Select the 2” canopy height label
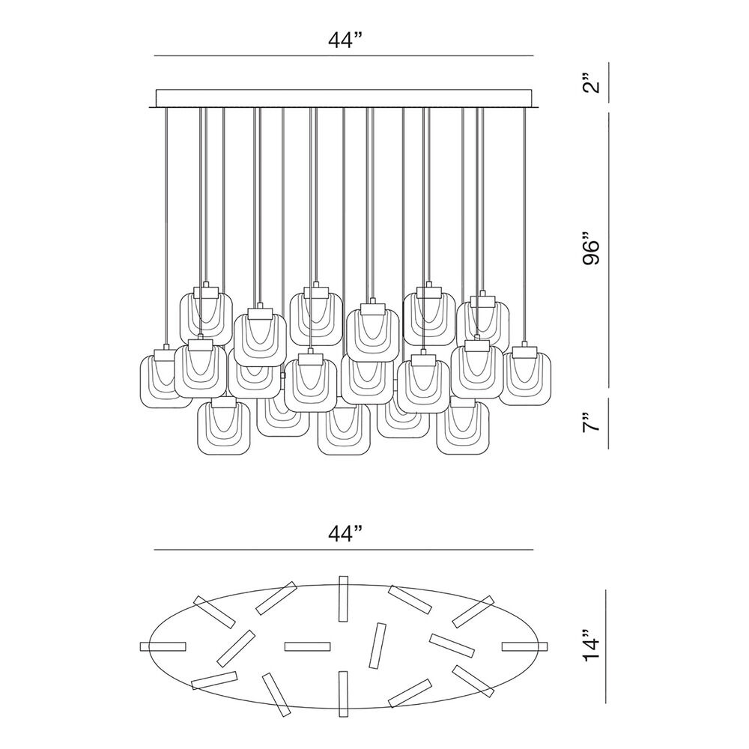coord(592,82)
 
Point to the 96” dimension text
coord(592,249)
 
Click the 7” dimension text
coord(592,422)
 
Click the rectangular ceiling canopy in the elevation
coord(344,98)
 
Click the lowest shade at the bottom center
coord(344,429)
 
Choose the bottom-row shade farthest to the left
coord(223,428)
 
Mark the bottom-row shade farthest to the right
coord(462,428)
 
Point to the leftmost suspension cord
coord(166,225)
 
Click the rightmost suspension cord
coord(524,225)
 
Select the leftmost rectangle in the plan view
coord(163,646)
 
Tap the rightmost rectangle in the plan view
coord(525,646)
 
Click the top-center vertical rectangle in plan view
coord(343,598)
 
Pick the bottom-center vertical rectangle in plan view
coord(343,694)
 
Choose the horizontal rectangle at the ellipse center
coord(308,646)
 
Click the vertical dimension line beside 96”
coord(608,249)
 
